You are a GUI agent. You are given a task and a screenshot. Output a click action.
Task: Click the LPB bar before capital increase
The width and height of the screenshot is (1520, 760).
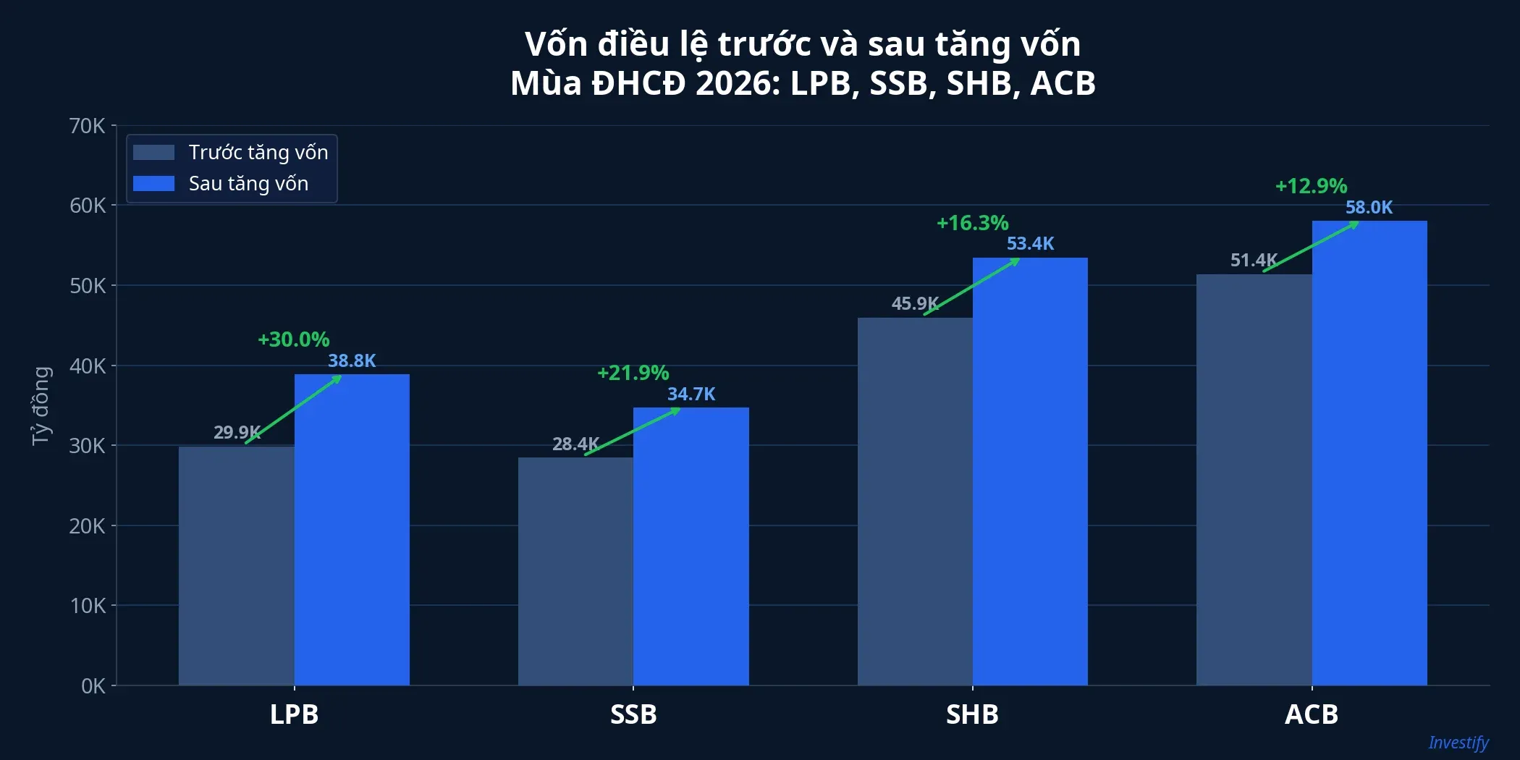236,565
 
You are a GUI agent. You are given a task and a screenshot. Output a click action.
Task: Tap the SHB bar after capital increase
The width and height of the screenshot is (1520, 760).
1029,471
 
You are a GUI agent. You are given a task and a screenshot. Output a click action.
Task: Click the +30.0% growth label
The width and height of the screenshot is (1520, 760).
293,339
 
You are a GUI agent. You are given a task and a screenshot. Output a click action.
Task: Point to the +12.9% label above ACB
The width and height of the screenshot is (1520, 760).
1311,186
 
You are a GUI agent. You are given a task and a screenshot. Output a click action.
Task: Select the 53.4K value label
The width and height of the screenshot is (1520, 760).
1030,244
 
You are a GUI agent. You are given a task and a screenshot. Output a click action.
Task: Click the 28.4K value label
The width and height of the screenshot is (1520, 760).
575,444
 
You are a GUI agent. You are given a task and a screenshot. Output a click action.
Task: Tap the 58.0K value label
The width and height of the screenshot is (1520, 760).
1369,208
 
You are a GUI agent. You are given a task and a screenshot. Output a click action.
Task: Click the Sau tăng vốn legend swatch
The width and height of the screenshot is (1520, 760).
153,184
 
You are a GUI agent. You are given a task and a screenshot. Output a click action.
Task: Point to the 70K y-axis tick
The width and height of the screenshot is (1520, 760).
88,126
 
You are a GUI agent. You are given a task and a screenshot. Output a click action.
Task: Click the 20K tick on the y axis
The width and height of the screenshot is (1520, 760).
88,526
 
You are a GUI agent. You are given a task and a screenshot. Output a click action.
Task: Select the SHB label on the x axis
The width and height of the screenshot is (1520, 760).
972,714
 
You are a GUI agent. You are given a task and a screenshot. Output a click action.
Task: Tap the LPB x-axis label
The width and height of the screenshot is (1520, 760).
294,714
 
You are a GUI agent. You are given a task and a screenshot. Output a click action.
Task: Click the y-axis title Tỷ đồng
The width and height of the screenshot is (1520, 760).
41,405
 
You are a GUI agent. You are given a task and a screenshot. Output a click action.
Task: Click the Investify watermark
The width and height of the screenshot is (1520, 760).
1458,743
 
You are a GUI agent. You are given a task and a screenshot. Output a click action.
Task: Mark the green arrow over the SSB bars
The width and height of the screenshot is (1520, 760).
632,432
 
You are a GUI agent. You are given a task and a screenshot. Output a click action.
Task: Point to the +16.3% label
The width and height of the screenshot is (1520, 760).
972,223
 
